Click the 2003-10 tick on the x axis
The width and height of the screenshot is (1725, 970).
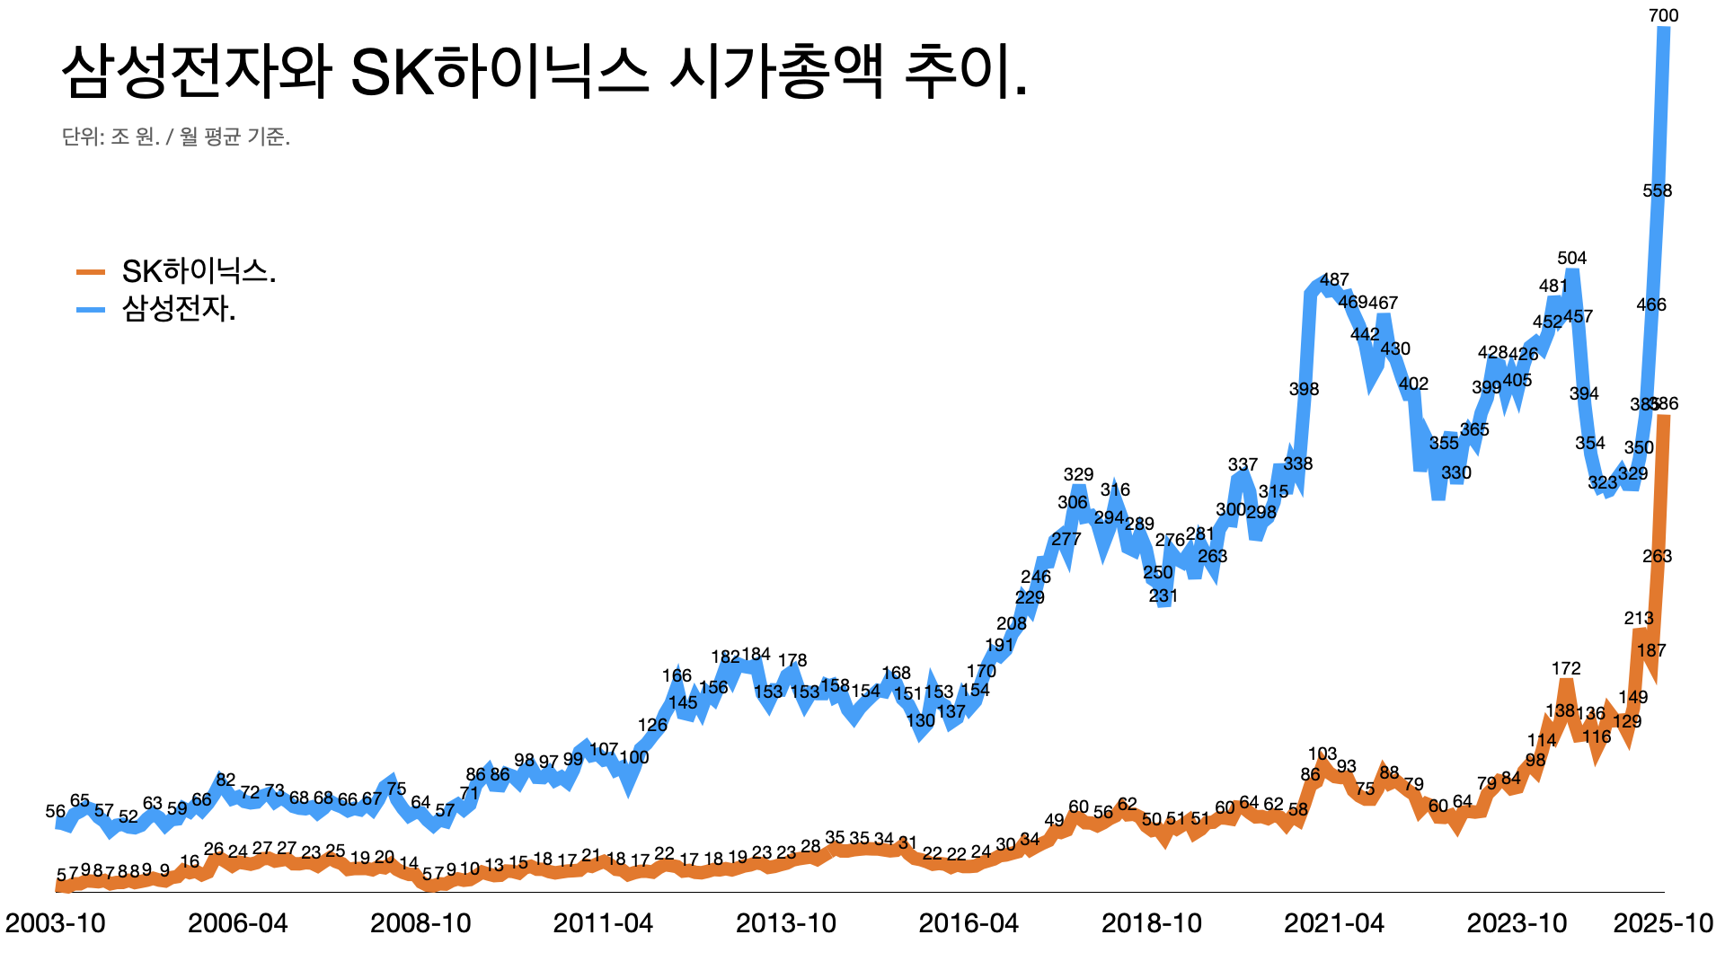(56, 922)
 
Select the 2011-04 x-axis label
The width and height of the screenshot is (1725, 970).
(603, 922)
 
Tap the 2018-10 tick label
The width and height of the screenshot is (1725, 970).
(1151, 922)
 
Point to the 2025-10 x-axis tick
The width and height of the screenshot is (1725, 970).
(1663, 922)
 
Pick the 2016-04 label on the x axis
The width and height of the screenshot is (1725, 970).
(969, 922)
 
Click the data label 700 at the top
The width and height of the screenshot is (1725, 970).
(1663, 15)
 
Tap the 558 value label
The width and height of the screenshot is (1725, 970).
(1657, 190)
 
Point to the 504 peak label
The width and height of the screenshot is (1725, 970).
(1571, 258)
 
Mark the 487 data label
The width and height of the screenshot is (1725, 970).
(1334, 279)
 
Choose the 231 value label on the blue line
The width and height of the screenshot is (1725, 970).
(1163, 595)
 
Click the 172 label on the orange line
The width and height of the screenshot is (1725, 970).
(1565, 668)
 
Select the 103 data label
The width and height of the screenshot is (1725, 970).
(1322, 754)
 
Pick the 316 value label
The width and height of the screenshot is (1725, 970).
(1115, 489)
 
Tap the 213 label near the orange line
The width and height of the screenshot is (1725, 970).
(1638, 618)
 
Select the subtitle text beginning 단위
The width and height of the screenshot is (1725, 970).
(176, 137)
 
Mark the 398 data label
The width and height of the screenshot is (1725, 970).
(1304, 389)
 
